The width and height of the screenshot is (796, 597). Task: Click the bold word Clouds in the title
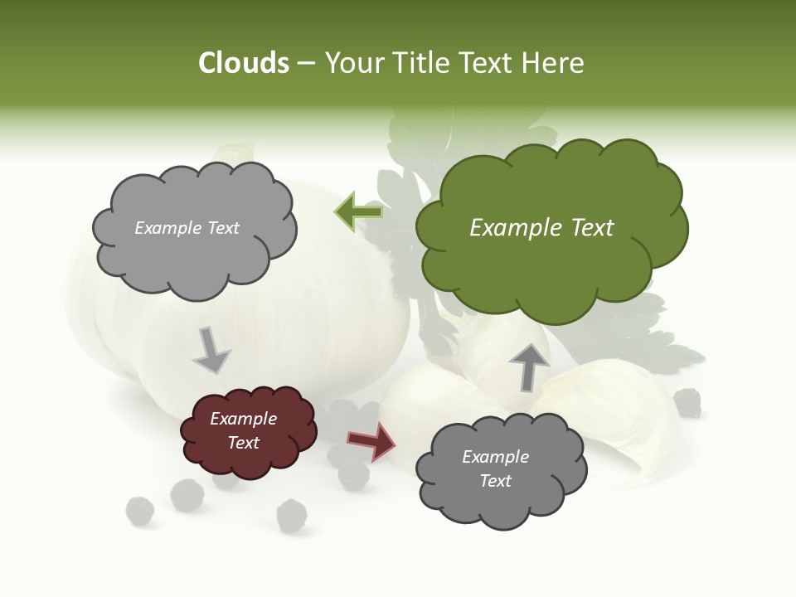[244, 63]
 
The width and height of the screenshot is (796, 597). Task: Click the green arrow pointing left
[358, 212]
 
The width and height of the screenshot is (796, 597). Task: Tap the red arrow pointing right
[371, 441]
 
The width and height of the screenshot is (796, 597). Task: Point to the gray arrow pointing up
[529, 366]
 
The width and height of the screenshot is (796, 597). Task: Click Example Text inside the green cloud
[541, 228]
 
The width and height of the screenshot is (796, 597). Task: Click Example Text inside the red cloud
[244, 430]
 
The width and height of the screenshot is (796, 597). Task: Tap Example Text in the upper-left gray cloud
[187, 228]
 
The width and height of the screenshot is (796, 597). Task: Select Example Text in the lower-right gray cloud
[495, 468]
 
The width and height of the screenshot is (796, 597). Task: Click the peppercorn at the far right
[687, 403]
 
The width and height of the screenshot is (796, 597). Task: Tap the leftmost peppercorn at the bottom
[139, 510]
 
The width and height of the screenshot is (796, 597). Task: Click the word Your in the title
[353, 63]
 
